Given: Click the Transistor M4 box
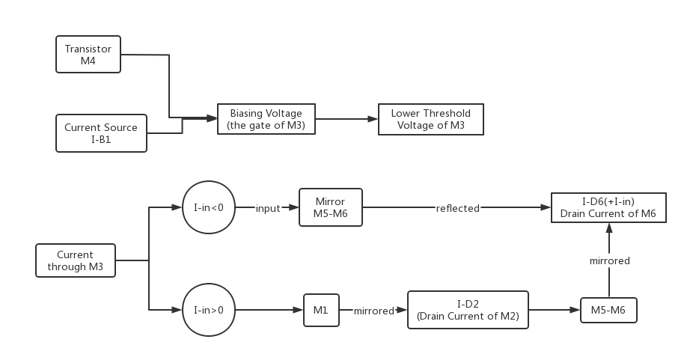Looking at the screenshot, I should (88, 55).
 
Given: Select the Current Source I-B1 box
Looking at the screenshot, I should (101, 133).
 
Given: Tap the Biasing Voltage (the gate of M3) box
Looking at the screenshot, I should (266, 119).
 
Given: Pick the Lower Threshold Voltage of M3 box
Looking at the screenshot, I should (430, 119).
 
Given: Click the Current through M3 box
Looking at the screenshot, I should (76, 260).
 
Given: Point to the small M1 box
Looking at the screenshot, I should (320, 310).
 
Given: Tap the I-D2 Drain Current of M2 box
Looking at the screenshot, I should (468, 310).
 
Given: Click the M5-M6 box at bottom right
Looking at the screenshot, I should (608, 310).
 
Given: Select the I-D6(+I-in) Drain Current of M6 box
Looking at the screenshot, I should (608, 208).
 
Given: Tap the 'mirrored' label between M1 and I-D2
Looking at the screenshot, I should (373, 311).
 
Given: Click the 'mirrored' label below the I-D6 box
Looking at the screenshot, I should (608, 260).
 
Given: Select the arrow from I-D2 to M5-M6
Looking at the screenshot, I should (554, 310).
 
